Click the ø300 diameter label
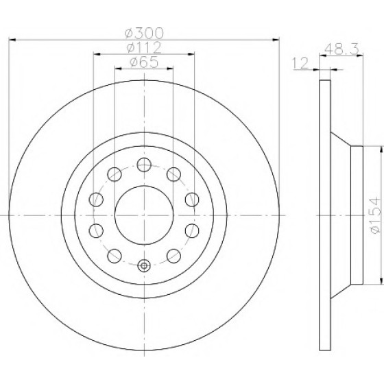click(144, 33)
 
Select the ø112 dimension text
click(144, 47)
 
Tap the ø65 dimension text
click(144, 62)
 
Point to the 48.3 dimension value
click(341, 49)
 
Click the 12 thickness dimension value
click(300, 63)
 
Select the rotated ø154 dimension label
click(374, 215)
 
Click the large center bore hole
click(144, 215)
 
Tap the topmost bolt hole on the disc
click(144, 165)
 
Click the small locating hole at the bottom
click(144, 265)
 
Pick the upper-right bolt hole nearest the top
click(173, 174)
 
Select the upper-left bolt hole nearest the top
click(115, 174)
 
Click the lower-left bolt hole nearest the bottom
click(115, 256)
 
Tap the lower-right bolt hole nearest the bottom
click(173, 256)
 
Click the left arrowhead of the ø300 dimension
click(12, 40)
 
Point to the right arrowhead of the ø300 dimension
click(276, 40)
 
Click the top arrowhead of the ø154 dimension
click(381, 149)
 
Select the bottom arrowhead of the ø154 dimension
click(381, 281)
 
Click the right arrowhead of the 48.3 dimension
click(359, 56)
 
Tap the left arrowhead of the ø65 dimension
click(118, 69)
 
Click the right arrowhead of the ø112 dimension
click(191, 54)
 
